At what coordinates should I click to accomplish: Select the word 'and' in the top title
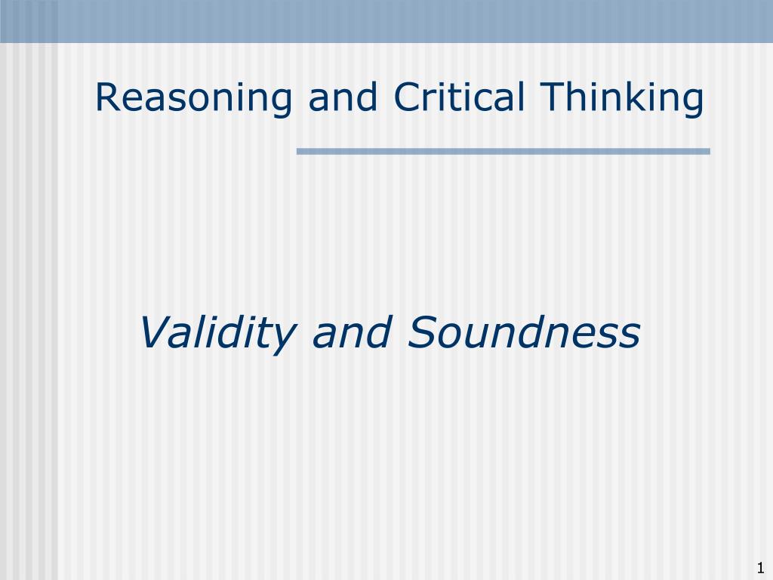click(x=343, y=97)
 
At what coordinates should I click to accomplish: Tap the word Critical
click(x=459, y=97)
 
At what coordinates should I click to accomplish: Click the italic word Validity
click(x=217, y=333)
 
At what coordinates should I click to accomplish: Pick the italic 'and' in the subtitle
click(x=352, y=332)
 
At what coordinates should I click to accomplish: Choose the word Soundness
click(x=524, y=332)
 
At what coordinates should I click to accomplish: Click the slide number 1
click(x=760, y=567)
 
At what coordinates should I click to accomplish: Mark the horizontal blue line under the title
click(x=504, y=151)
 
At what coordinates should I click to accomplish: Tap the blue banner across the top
click(x=386, y=21)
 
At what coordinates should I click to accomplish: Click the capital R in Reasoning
click(x=109, y=97)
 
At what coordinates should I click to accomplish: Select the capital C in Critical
click(x=408, y=97)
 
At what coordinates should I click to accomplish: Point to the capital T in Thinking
click(x=553, y=97)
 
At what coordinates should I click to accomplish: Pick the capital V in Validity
click(x=157, y=332)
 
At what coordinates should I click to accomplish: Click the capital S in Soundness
click(x=423, y=332)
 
